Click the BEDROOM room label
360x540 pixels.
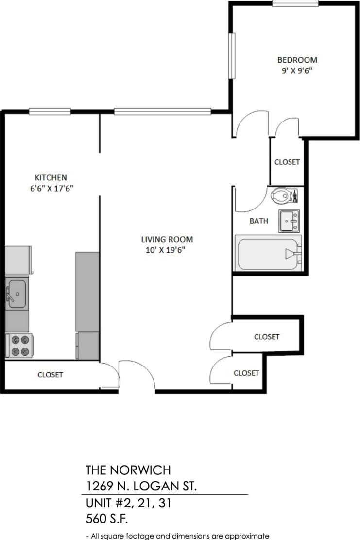(297, 60)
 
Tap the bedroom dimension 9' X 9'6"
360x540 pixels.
(297, 70)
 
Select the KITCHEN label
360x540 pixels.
(51, 177)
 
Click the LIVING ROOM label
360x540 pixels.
(167, 239)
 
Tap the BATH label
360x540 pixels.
(258, 221)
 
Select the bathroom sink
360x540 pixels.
(289, 221)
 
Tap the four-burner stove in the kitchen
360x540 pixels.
(18, 346)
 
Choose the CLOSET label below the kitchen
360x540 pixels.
(50, 375)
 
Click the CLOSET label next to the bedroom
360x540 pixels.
(287, 162)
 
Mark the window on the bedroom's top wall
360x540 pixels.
(295, 4)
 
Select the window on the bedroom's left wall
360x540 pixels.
(232, 55)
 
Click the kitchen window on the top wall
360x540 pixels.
(50, 112)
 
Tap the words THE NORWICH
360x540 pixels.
(128, 470)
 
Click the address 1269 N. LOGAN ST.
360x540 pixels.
(141, 486)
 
